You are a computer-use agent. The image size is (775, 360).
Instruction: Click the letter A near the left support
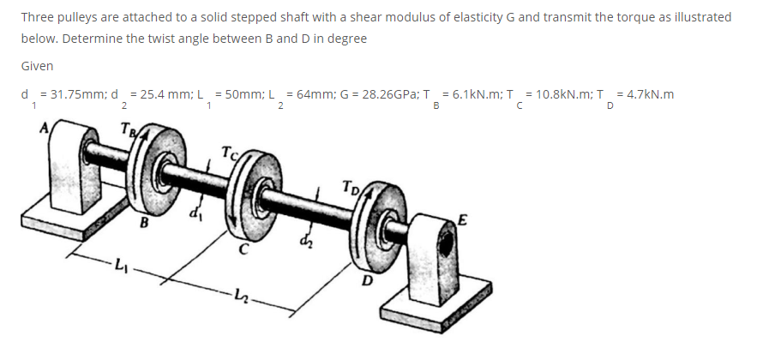45,128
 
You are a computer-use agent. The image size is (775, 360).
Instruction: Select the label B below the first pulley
144,223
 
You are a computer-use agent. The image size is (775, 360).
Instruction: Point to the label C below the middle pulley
242,250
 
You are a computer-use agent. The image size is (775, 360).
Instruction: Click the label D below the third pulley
366,281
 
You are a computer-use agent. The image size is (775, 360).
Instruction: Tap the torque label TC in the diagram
228,153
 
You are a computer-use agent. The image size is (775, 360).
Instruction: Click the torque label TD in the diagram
350,187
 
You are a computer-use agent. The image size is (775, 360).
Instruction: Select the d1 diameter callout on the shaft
195,215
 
